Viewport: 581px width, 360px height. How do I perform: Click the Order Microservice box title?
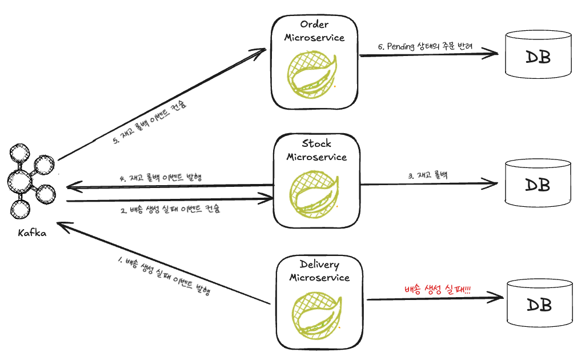click(x=315, y=31)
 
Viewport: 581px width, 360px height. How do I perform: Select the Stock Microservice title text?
click(x=316, y=150)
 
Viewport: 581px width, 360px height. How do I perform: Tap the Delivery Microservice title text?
click(x=319, y=271)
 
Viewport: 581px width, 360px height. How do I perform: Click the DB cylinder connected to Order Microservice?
click(x=538, y=55)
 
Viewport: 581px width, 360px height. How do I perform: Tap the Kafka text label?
click(x=32, y=233)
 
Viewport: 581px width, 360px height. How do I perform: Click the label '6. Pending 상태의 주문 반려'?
click(x=426, y=47)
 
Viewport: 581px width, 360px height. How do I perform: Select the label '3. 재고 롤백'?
click(x=428, y=176)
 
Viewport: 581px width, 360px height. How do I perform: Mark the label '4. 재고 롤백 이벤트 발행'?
click(x=162, y=178)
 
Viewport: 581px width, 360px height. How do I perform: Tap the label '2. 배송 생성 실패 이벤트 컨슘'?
click(x=170, y=209)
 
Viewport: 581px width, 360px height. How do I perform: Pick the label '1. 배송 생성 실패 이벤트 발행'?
click(x=163, y=276)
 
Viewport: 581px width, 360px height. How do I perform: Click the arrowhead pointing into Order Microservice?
click(x=262, y=51)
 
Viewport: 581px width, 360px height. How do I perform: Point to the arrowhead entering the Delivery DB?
click(x=498, y=298)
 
